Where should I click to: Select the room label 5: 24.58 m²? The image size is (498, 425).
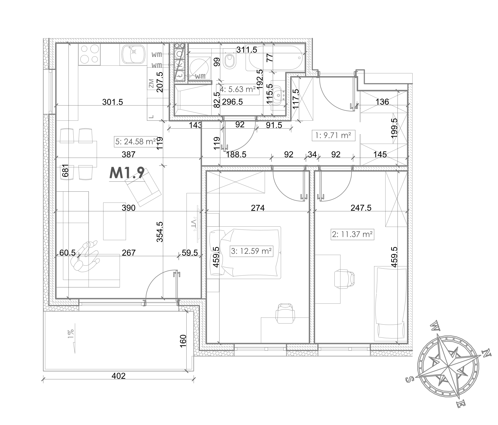click(136, 142)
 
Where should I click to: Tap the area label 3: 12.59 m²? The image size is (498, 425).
click(251, 251)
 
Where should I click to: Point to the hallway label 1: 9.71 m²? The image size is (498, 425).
click(334, 136)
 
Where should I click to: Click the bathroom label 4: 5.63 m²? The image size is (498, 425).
click(238, 89)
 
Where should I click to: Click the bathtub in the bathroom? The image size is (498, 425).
click(276, 58)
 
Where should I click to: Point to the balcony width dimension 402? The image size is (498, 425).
click(119, 376)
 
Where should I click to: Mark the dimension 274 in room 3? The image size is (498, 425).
click(258, 208)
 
